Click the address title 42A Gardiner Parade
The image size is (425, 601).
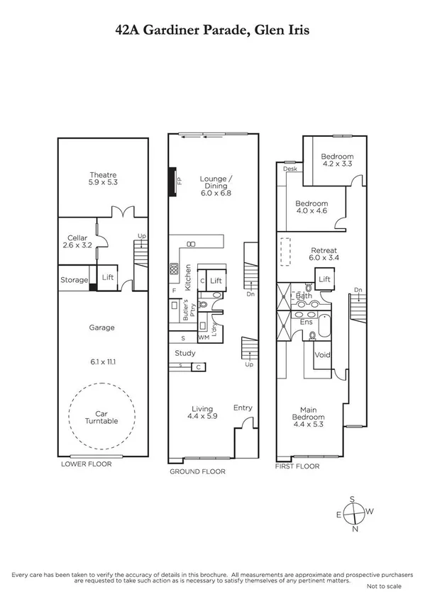(x=212, y=29)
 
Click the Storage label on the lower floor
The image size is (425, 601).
(x=74, y=280)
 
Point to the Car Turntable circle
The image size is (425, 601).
(x=103, y=416)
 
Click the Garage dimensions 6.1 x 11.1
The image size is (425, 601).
(x=103, y=361)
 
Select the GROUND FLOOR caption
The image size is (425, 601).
(x=197, y=471)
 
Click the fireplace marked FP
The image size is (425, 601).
(x=172, y=181)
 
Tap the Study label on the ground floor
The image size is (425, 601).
(x=185, y=353)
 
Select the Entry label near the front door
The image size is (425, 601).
(x=243, y=408)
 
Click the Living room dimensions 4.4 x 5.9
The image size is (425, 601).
(x=204, y=417)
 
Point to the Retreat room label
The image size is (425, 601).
(x=323, y=250)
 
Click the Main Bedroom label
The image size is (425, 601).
(x=317, y=412)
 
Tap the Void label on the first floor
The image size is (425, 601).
(x=323, y=354)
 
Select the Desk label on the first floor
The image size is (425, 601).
(x=289, y=169)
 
